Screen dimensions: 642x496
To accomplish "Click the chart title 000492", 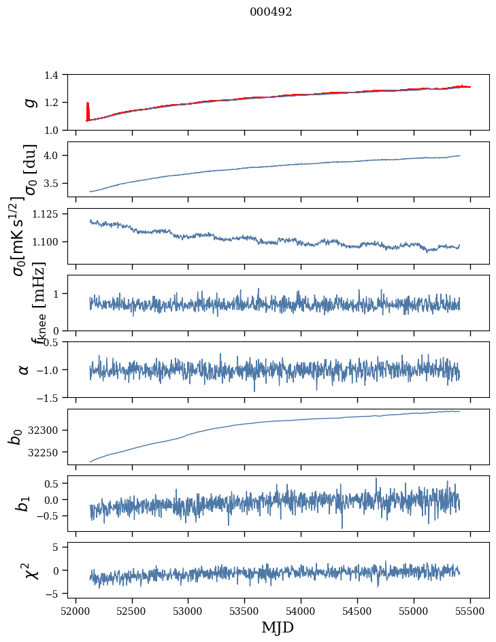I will pyautogui.click(x=271, y=12).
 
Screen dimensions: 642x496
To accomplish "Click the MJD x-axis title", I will pyautogui.click(x=278, y=627).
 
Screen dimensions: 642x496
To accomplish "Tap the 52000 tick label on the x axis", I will pyautogui.click(x=76, y=611).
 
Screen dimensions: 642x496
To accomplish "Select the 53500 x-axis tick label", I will pyautogui.click(x=245, y=611).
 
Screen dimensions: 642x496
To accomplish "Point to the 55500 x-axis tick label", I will pyautogui.click(x=471, y=611).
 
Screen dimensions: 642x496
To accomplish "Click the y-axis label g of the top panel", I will pyautogui.click(x=29, y=102).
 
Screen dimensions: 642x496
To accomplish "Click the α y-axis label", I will pyautogui.click(x=24, y=369).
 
